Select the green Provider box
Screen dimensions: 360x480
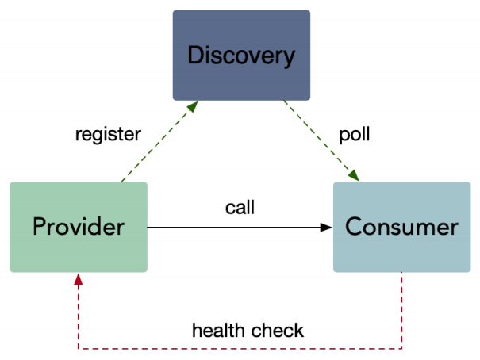[x=79, y=227]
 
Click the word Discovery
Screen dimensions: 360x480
[x=241, y=56]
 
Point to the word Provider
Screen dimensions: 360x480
[x=79, y=228]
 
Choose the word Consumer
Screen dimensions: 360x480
[x=401, y=228]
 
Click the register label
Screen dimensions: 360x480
[x=107, y=134]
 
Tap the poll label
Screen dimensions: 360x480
[x=355, y=134]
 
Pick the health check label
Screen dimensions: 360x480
[x=248, y=330]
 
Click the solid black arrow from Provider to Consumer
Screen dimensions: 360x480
[x=238, y=228]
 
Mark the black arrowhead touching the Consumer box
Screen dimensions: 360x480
[x=327, y=228]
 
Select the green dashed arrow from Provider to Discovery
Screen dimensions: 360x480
[x=155, y=143]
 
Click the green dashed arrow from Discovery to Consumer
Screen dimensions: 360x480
[x=321, y=140]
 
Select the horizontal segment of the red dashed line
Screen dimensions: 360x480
[x=238, y=348]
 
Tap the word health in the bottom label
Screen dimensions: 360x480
[x=217, y=330]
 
